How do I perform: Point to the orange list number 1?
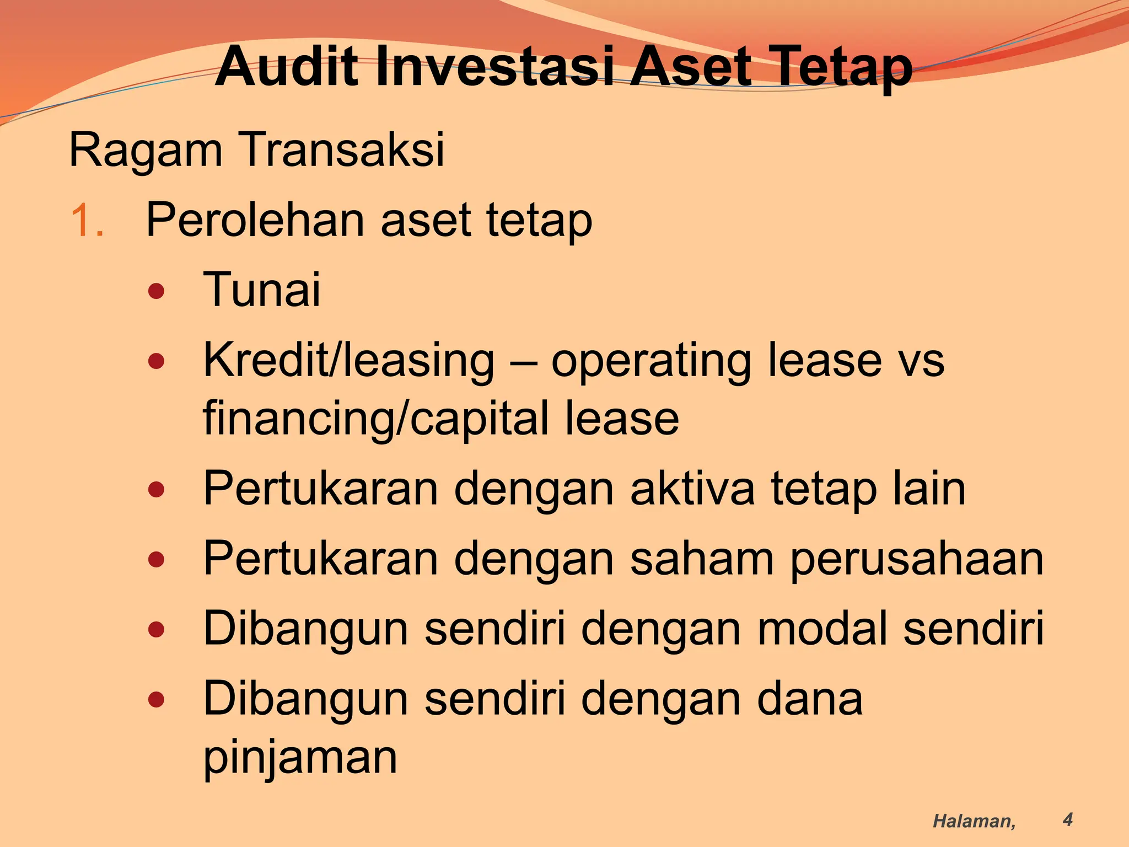(87, 221)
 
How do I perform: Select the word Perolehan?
(255, 221)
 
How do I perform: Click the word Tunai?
(262, 290)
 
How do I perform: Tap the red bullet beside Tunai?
(157, 291)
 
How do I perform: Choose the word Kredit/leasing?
(349, 361)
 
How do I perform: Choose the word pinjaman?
(300, 758)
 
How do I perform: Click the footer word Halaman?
(974, 821)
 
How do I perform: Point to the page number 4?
(1068, 819)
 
